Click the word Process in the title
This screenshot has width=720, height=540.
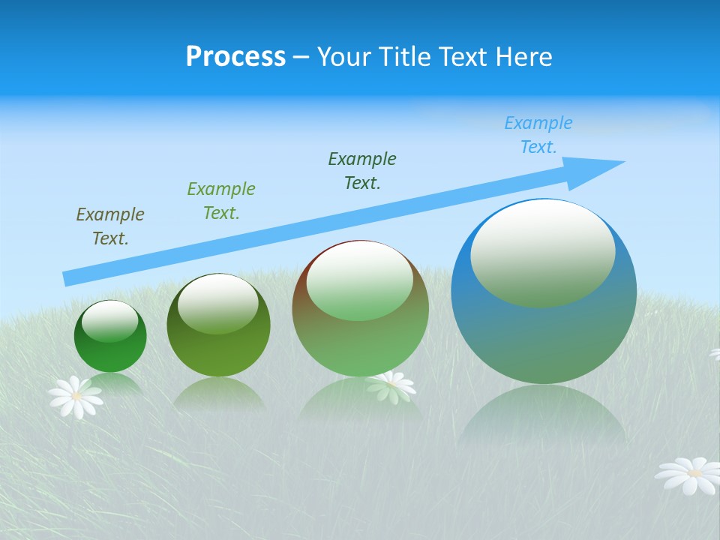235,57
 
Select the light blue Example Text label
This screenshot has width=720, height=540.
538,135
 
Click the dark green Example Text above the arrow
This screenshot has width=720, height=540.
362,171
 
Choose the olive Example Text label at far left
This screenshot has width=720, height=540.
110,226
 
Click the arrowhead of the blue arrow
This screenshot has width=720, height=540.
600,167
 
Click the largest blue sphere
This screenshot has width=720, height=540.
544,337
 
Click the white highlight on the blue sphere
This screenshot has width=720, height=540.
542,251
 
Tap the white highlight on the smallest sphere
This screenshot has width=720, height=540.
109,320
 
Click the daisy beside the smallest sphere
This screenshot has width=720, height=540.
75,396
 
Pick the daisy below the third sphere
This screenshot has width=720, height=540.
391,385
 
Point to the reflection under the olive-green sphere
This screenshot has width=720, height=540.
218,393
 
